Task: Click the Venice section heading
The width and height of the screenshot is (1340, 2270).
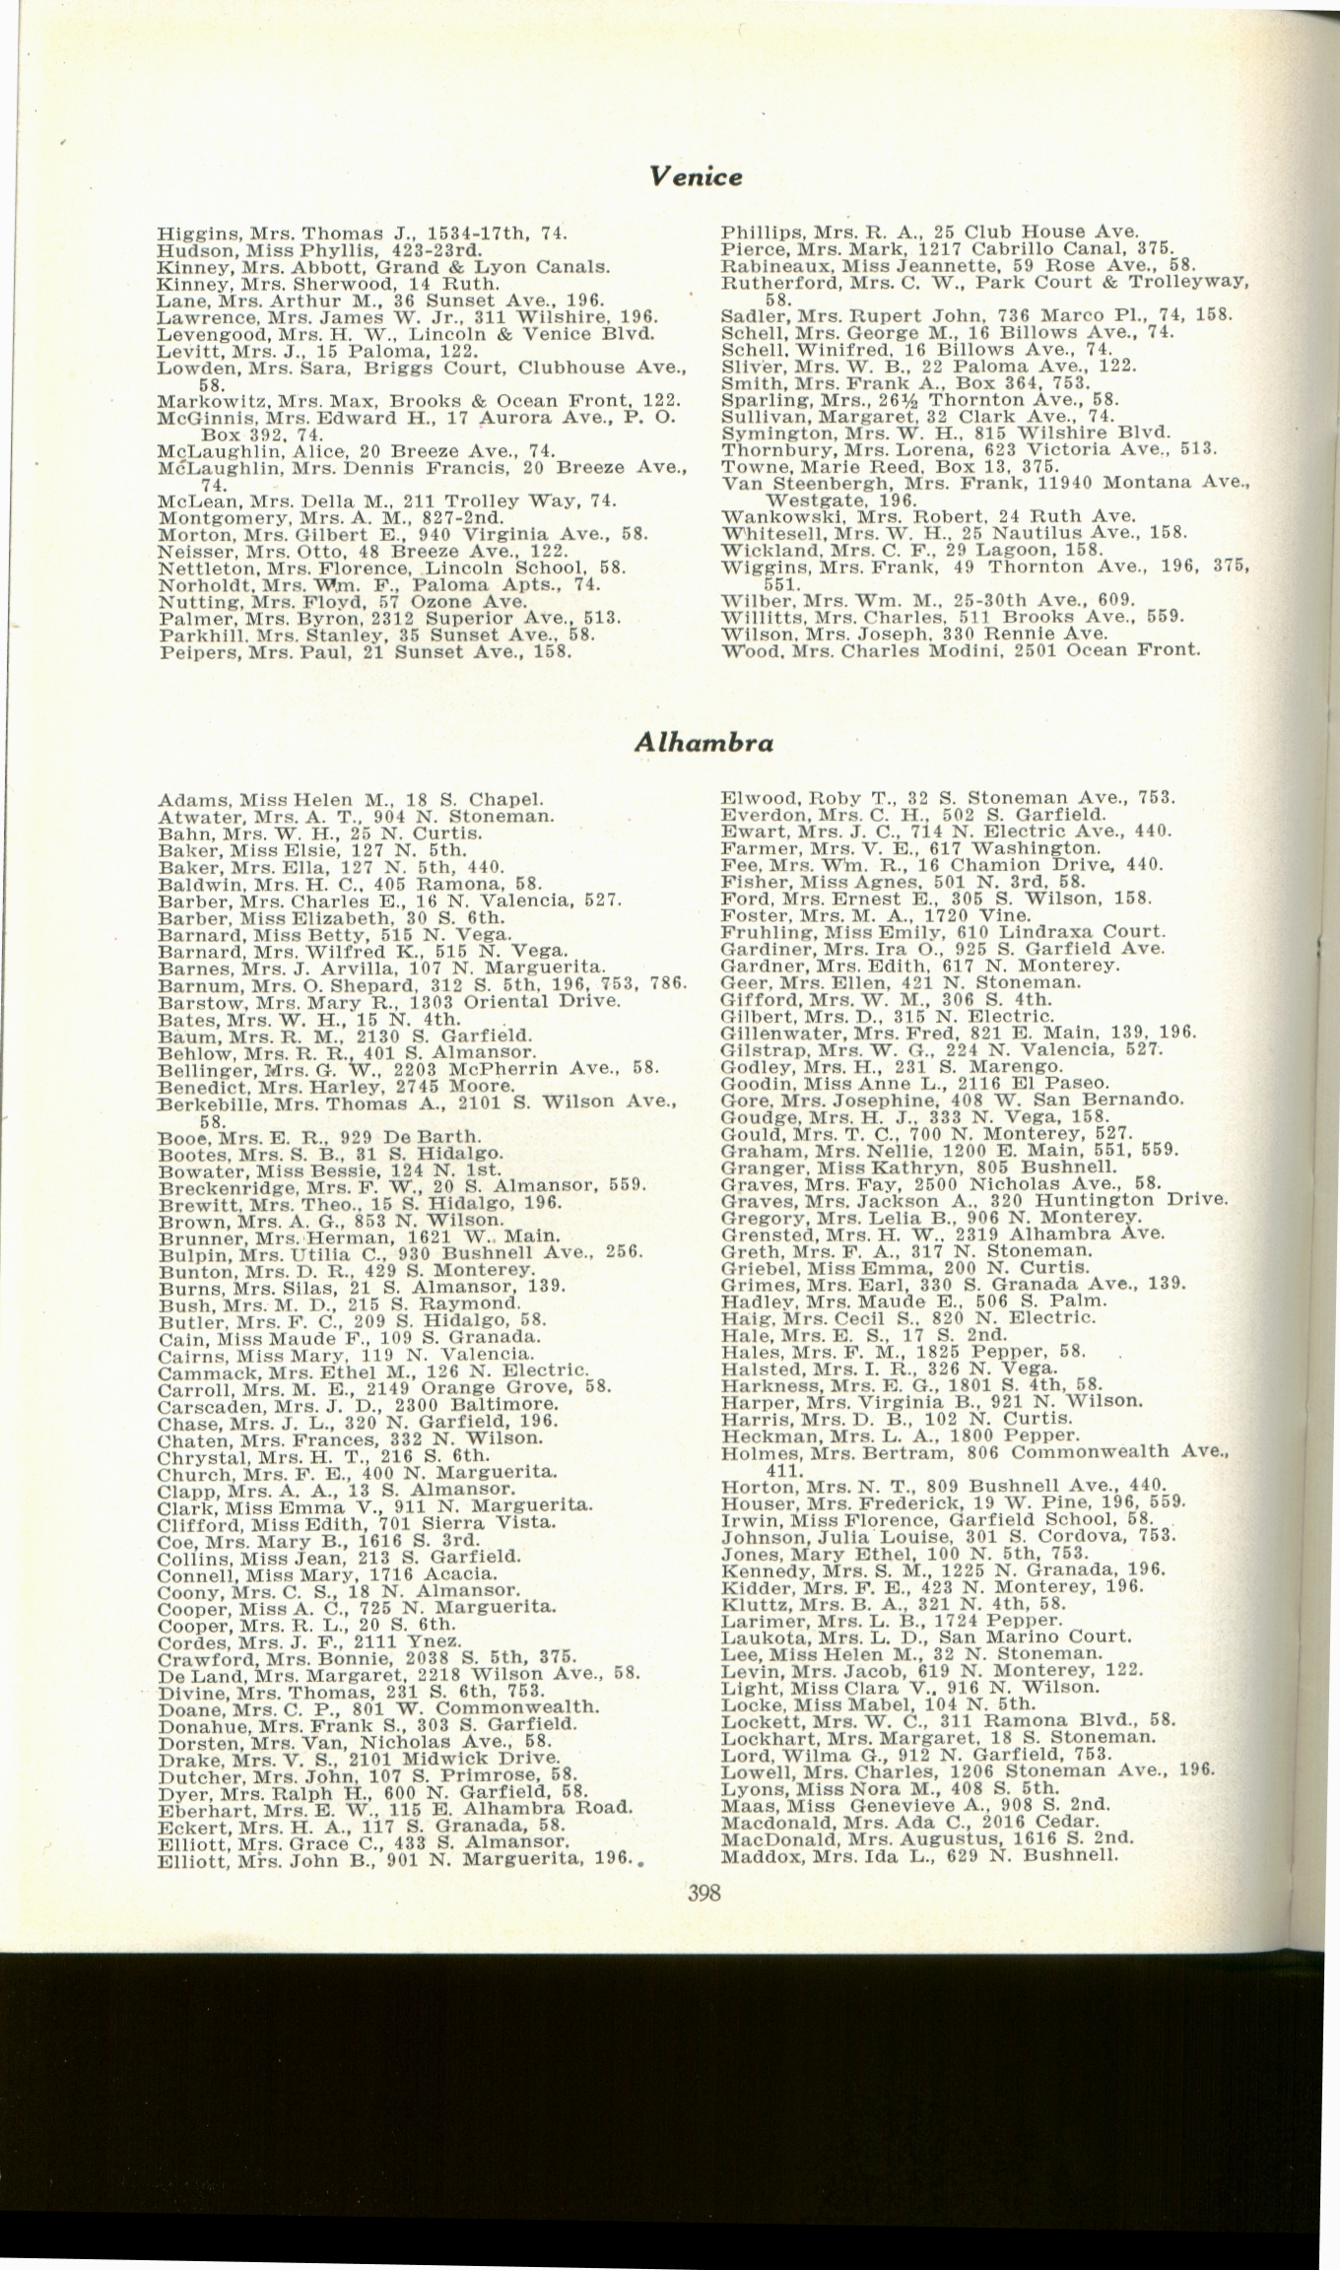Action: [696, 176]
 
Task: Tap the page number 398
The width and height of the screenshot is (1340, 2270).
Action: [703, 1893]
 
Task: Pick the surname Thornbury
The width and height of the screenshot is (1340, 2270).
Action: [765, 449]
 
